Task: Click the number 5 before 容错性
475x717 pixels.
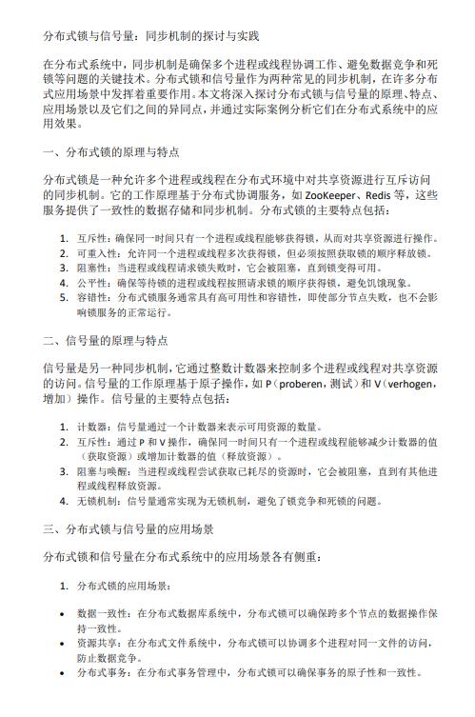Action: (x=63, y=297)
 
